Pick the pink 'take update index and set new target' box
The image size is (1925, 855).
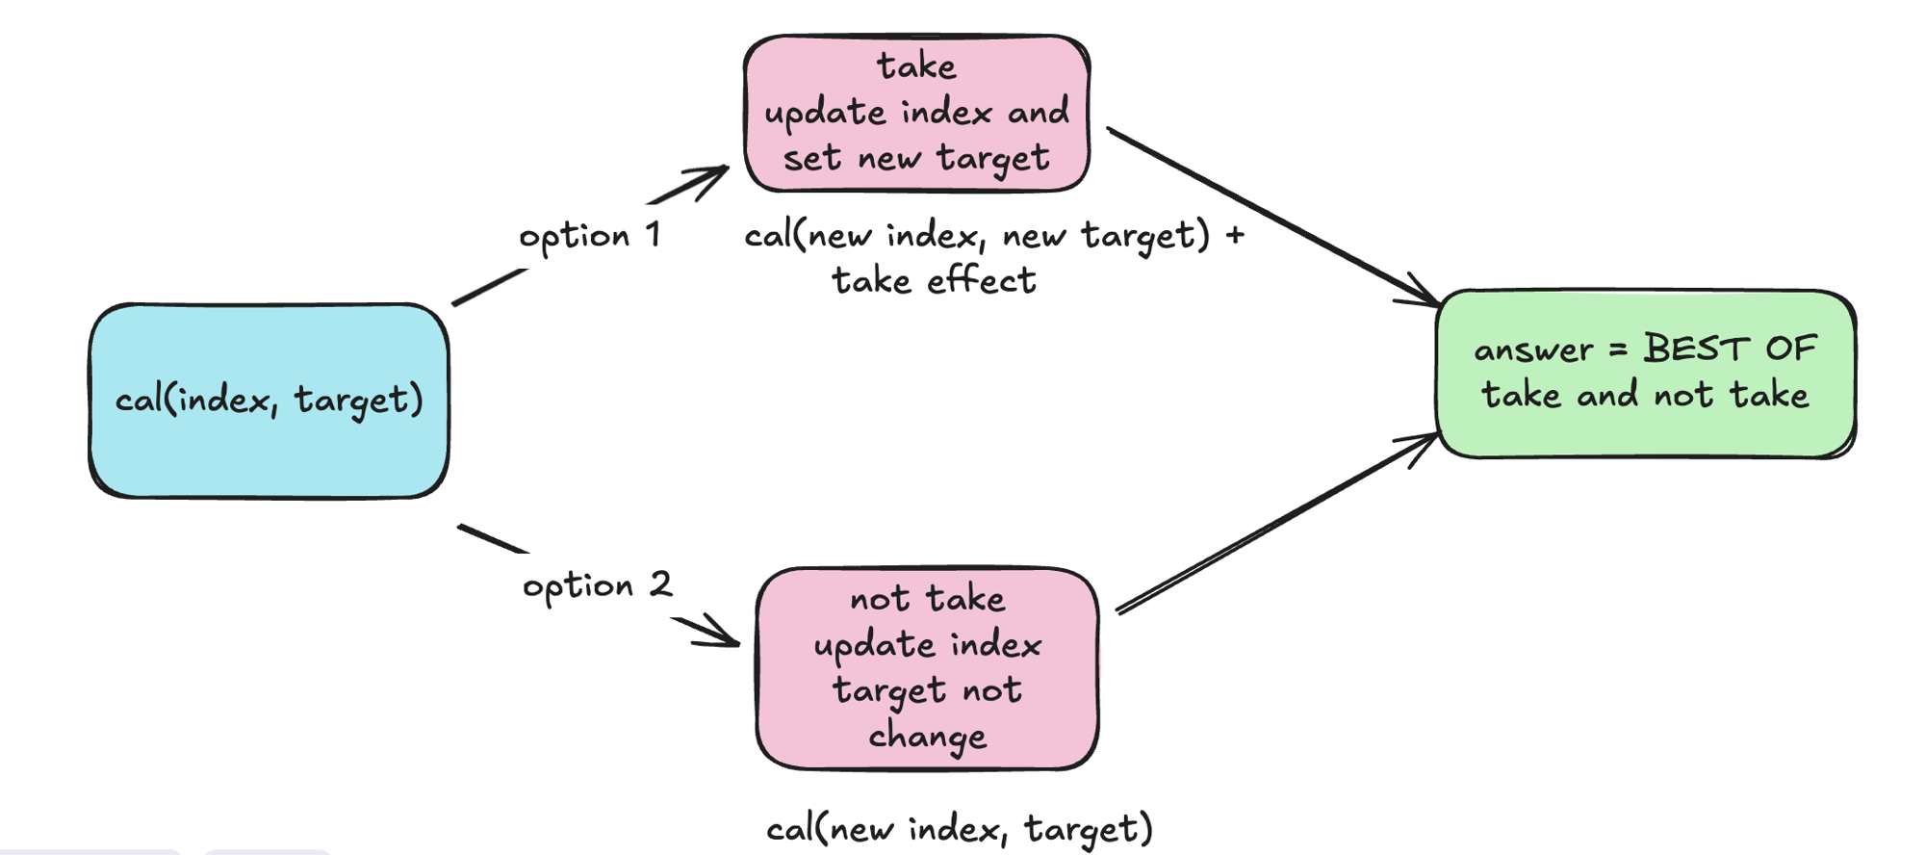(x=916, y=113)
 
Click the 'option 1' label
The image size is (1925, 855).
(x=589, y=236)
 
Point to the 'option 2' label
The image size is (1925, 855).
(x=597, y=585)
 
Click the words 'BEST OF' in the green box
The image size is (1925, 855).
(x=1730, y=348)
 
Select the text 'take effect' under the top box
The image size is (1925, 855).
(x=933, y=280)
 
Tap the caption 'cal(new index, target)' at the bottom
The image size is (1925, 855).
(x=959, y=829)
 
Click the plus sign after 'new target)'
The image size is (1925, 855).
(x=1235, y=234)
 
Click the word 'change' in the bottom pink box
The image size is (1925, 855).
(x=927, y=737)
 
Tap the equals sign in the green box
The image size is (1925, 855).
(x=1618, y=350)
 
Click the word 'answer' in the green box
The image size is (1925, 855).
(x=1532, y=350)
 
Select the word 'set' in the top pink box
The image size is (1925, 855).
(x=811, y=157)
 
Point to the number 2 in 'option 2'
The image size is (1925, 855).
(x=660, y=583)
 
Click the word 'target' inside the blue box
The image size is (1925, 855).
(x=357, y=400)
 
